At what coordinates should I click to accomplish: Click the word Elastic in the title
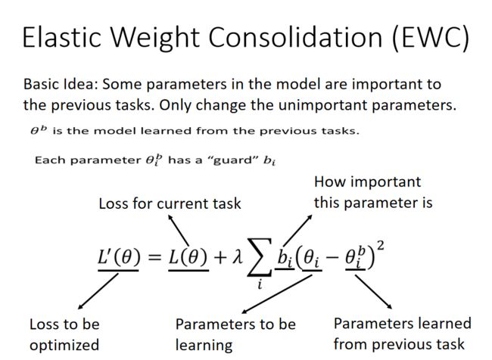tap(62, 37)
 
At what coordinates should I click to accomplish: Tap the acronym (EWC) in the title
tap(431, 38)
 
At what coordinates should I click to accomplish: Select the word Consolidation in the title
tap(295, 37)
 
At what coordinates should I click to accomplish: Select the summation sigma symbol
tap(260, 257)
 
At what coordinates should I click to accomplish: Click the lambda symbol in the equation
tap(237, 257)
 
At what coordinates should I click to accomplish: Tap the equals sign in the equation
tap(154, 257)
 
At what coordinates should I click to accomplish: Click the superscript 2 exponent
tap(380, 245)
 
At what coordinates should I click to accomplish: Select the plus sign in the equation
tap(220, 257)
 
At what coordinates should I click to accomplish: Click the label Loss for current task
tap(170, 203)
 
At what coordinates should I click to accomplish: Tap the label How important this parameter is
tap(373, 192)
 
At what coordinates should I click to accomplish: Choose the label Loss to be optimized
tap(64, 334)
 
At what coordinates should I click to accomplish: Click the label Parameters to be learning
tap(235, 334)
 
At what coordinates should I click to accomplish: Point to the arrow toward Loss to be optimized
tap(98, 291)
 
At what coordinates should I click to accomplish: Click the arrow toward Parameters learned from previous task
tap(373, 292)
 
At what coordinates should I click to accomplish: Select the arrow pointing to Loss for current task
tap(178, 230)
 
